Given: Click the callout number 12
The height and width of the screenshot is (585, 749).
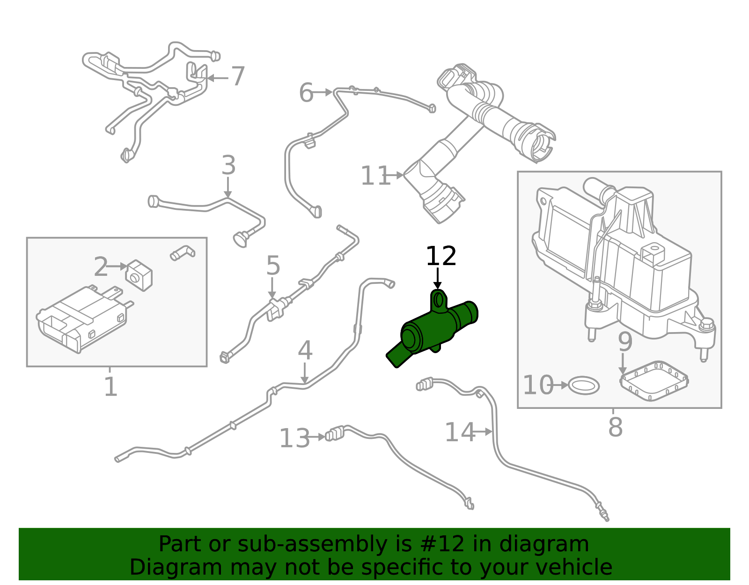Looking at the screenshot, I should tap(441, 257).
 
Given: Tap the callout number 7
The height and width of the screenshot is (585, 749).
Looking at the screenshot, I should tap(238, 76).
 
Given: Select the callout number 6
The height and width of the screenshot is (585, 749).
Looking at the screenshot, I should tap(306, 93).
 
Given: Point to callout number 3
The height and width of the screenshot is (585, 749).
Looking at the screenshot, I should tap(228, 165).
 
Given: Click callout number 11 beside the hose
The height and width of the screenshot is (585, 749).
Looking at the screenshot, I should tap(375, 176).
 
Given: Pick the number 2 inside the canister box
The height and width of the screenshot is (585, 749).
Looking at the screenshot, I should tap(101, 267).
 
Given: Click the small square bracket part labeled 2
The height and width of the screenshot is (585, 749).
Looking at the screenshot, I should tap(139, 275).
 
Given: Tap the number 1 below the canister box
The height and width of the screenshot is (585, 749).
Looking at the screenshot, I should tap(110, 387).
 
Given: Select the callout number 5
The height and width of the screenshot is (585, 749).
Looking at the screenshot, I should tap(273, 266).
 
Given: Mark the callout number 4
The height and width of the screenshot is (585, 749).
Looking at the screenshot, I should tap(305, 350).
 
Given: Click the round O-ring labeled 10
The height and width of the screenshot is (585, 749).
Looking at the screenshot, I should tap(584, 385).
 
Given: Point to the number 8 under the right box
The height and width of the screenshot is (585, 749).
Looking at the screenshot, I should tap(615, 427).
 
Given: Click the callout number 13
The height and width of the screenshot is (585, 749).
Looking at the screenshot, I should tap(294, 438).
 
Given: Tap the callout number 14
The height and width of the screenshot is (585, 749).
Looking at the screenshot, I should tap(459, 432).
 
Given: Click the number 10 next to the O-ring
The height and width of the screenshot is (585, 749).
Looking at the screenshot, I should tap(538, 385).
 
